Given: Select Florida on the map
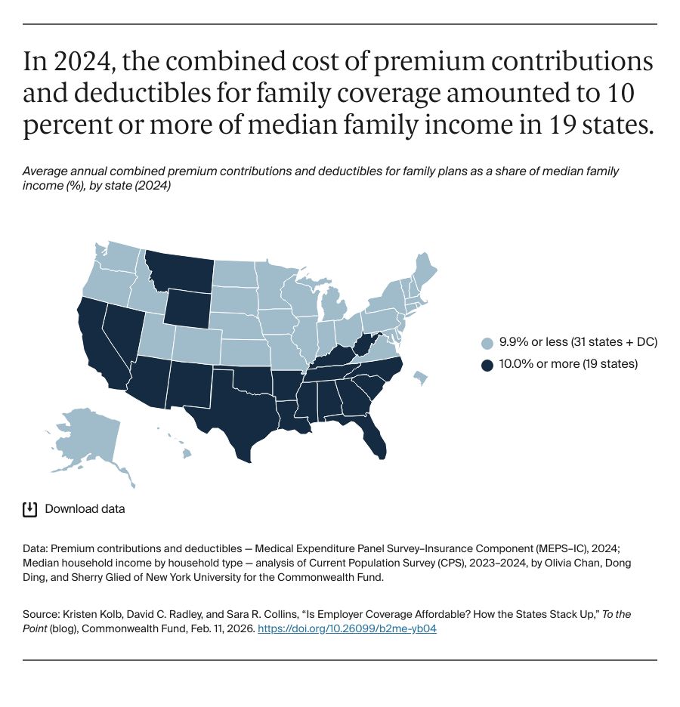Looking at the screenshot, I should [376, 440].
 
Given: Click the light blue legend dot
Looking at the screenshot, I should [487, 342].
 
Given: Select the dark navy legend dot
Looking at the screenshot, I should [487, 364].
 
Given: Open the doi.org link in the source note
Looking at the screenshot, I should [347, 628].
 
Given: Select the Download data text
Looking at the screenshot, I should [85, 508].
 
